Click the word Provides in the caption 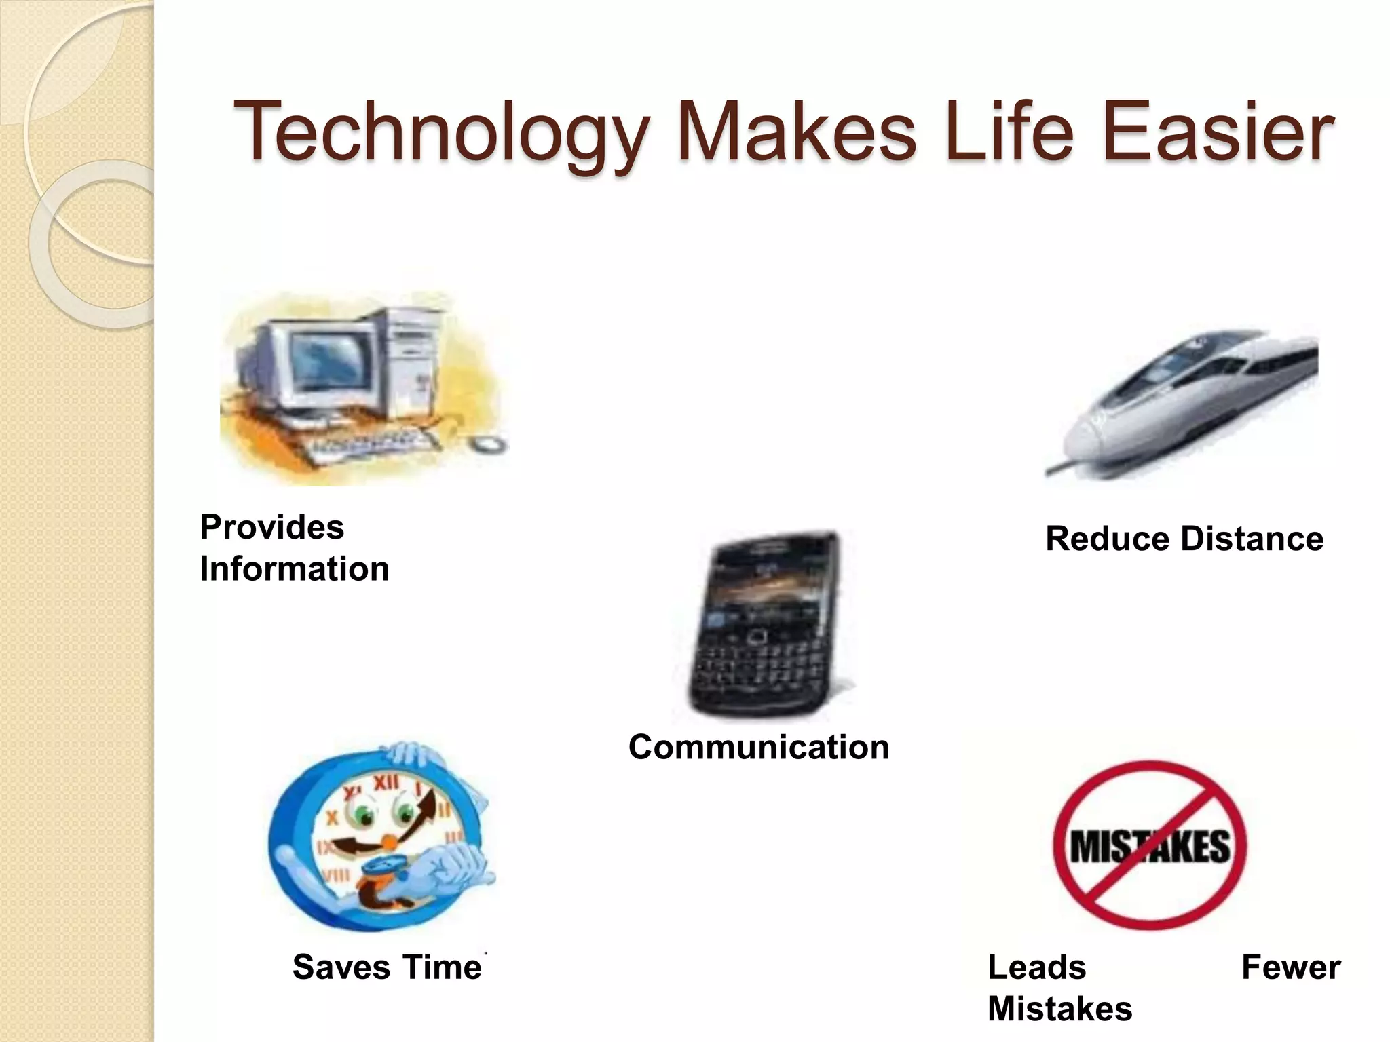(271, 527)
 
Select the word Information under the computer (294, 568)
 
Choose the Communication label (758, 747)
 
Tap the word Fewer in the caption (1290, 967)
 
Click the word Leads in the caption (1036, 967)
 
